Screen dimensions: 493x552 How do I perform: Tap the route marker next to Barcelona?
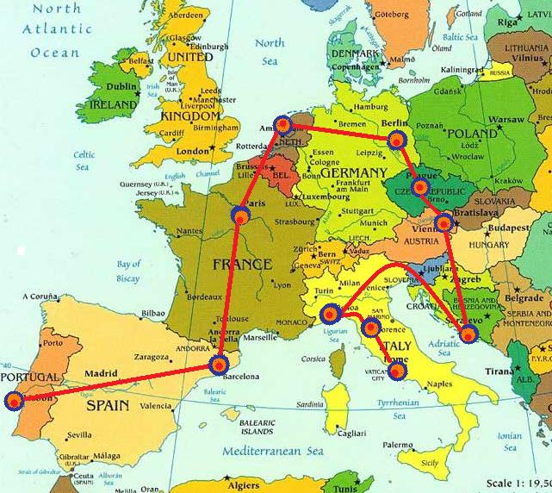point(220,364)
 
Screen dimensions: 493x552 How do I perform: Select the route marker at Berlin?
point(396,139)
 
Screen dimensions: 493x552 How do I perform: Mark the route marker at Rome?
point(397,371)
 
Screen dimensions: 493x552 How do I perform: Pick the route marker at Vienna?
point(443,223)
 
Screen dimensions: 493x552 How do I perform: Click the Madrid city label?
point(100,372)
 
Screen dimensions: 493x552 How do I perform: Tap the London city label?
point(192,152)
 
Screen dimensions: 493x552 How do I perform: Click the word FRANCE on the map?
point(243,264)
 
